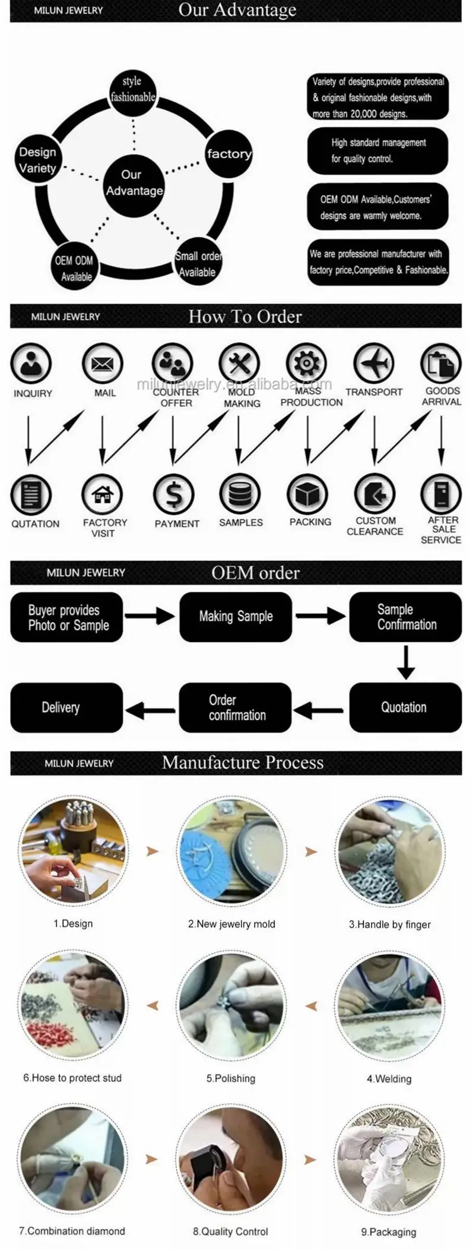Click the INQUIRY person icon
coord(31,363)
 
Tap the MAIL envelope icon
coord(102,363)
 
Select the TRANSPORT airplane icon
coord(374,362)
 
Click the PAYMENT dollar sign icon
coord(173,494)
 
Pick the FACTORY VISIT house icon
coord(103,494)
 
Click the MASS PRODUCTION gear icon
coord(306,363)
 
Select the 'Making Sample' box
coord(236,617)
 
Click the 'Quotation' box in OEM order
coord(405,707)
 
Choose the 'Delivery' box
coord(66,707)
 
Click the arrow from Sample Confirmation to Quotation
coord(406,662)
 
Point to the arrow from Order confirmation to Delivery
coord(150,709)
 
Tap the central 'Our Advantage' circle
coord(134,182)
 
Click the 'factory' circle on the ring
coord(228,153)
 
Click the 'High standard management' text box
coord(377,151)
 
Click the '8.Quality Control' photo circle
coord(231,1159)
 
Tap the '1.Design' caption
coord(73,923)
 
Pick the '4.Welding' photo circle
coord(389,1006)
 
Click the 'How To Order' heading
coord(245,317)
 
